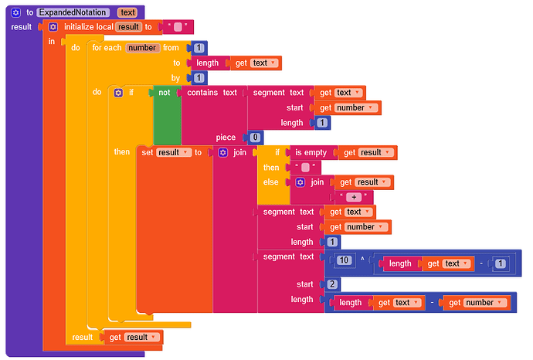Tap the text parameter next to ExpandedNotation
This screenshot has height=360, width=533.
(x=127, y=12)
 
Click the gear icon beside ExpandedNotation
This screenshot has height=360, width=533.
(x=16, y=12)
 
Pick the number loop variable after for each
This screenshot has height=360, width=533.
(x=142, y=48)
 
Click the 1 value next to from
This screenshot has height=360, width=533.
(x=199, y=48)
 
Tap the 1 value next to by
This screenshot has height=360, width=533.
(x=199, y=78)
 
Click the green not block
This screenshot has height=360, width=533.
(x=164, y=93)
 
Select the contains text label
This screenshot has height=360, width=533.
(x=212, y=93)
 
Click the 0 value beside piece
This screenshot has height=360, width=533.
(x=256, y=138)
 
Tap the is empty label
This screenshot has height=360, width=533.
(x=311, y=152)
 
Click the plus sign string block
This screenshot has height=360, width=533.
(x=351, y=197)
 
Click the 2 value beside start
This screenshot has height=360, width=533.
(x=331, y=284)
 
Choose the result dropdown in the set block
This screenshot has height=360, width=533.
(x=171, y=152)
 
